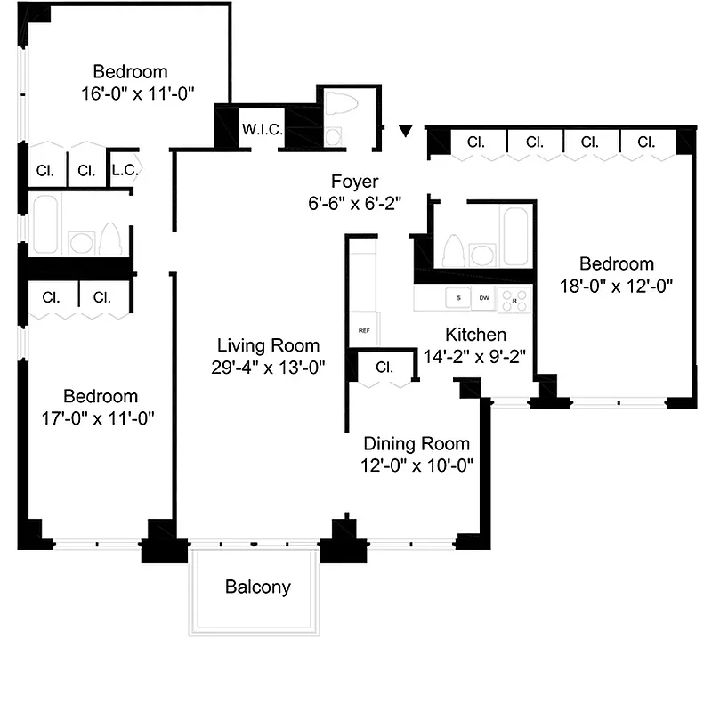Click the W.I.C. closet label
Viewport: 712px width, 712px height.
[263, 130]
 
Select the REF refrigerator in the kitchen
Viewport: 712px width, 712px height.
[364, 330]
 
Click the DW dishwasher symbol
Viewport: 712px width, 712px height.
[485, 298]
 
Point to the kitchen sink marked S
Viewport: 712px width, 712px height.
[458, 298]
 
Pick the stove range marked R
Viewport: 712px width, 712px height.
[514, 300]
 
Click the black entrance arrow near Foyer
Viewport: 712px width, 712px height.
[406, 132]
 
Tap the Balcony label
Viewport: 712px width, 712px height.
[257, 587]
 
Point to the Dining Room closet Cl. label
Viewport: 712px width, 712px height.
[384, 367]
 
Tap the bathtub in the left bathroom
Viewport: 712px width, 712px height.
[44, 225]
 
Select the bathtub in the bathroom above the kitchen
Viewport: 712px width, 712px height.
[515, 235]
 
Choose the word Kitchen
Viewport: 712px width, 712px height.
[475, 335]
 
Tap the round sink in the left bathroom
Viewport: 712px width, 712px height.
[82, 242]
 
